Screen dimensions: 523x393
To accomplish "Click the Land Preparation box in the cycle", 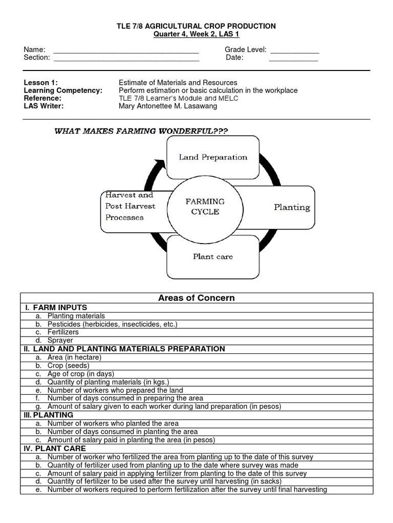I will (x=213, y=157).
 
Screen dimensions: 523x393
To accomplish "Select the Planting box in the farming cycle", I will (x=291, y=207).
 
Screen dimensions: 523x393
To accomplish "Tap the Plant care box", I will (x=212, y=256).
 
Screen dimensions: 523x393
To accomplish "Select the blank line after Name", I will (x=126, y=50).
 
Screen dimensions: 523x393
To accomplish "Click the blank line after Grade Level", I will (x=295, y=50).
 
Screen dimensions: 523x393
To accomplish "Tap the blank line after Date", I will (x=293, y=58).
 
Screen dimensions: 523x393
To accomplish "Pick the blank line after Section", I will (x=126, y=58).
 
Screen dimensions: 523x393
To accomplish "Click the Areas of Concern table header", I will (x=196, y=298).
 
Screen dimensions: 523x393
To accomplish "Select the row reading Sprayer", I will (x=60, y=340).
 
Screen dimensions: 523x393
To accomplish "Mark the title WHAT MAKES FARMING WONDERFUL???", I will (x=141, y=131).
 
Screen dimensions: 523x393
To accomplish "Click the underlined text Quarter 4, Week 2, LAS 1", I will (x=196, y=34).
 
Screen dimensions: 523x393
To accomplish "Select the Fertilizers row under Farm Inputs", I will (x=63, y=332).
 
